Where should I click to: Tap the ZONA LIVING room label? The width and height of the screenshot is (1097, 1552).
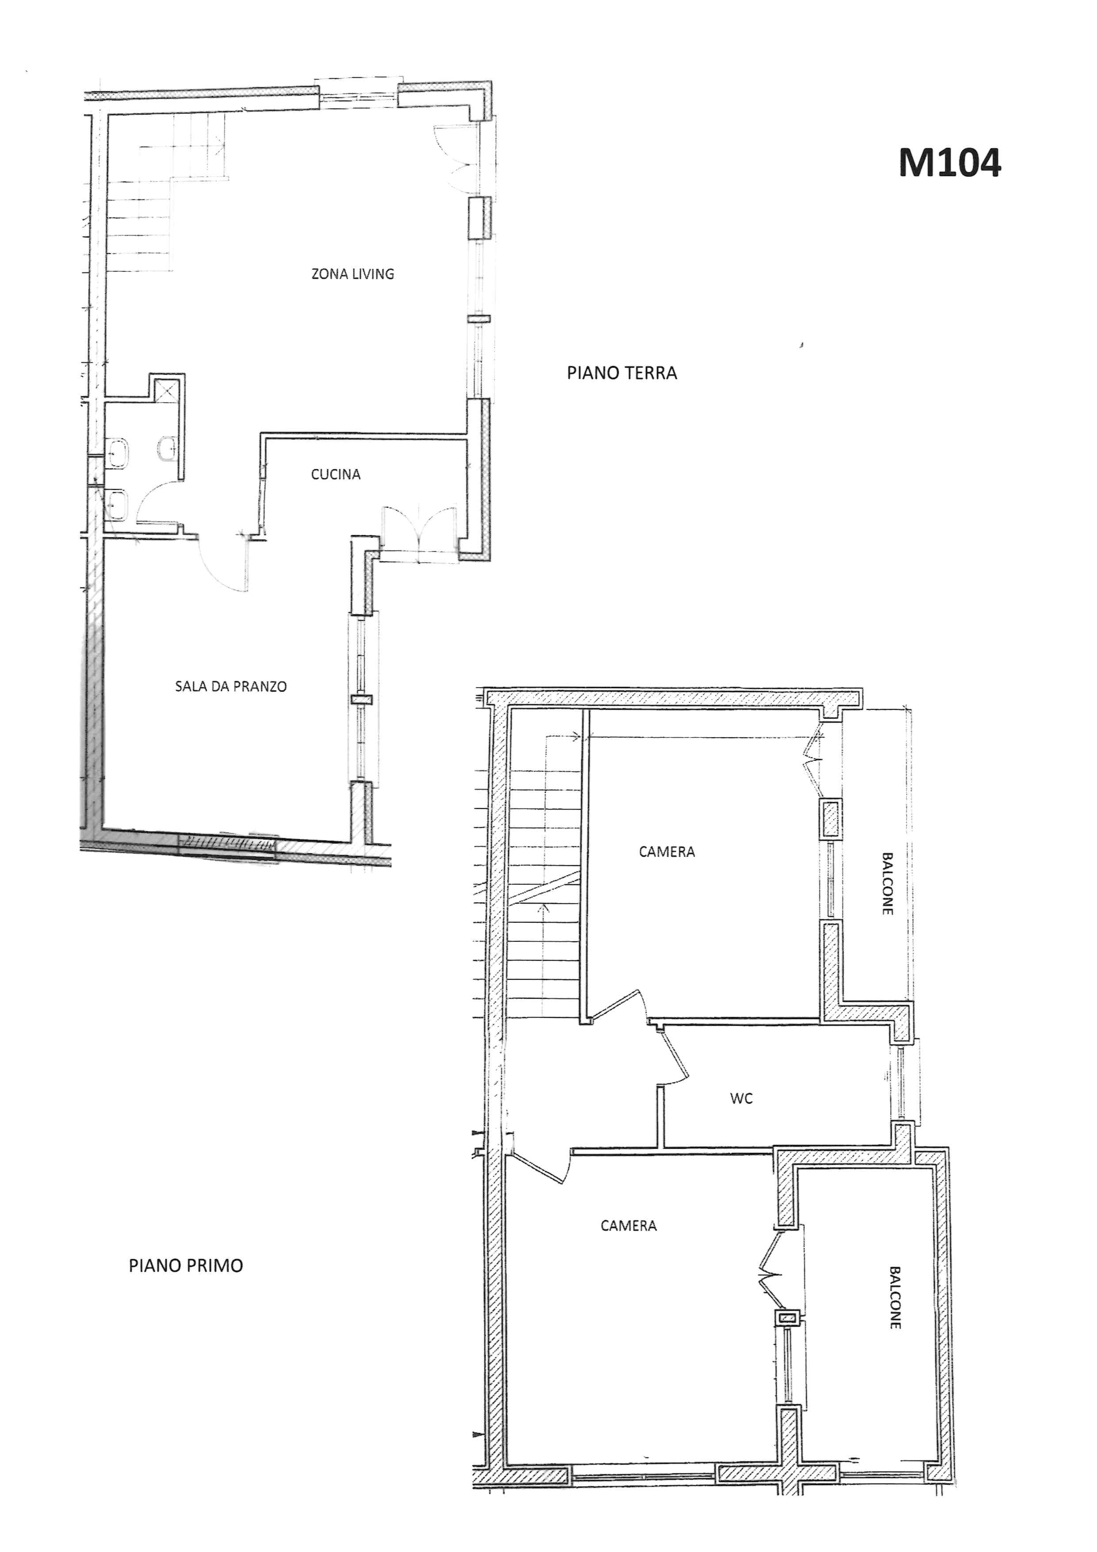[x=353, y=274]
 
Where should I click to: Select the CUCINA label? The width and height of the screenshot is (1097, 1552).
[x=336, y=474]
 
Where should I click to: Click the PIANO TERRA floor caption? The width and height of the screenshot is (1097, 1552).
[x=621, y=373]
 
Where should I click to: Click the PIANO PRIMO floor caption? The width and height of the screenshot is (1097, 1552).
[x=186, y=1265]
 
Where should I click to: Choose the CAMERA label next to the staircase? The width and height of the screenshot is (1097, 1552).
[x=667, y=852]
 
